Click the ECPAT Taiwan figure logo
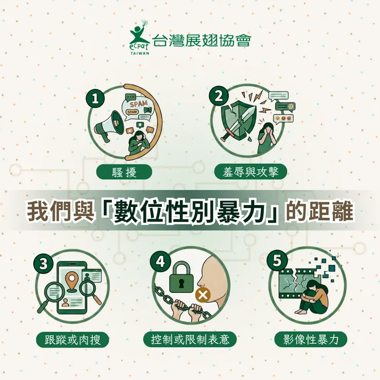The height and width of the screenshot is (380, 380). coord(139,36)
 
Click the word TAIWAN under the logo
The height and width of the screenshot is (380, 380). coord(140,53)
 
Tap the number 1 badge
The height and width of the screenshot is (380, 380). coord(95,99)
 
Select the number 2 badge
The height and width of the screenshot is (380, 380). coord(218,97)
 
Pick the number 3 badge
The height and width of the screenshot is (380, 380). coord(43,263)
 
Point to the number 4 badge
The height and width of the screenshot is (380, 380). coord(160,262)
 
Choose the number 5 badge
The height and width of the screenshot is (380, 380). coord(277,260)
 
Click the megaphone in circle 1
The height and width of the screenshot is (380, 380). coord(108,125)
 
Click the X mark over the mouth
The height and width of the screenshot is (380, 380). coord(203,295)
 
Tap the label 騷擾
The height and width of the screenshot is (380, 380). coord(124,172)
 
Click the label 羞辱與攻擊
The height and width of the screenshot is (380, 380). coord(251,172)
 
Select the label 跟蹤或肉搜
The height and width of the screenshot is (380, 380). coord(72,339)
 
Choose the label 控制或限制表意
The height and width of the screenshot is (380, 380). coord(190,339)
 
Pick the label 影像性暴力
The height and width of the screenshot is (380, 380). coord(311,339)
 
